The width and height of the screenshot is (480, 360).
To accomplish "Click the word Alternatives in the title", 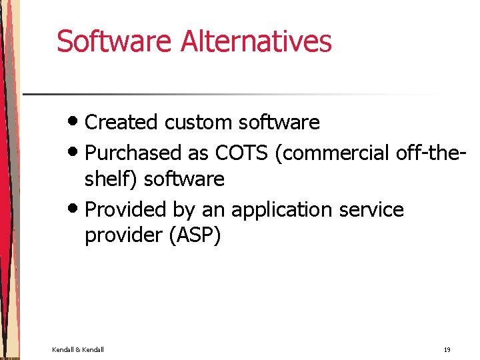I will [x=256, y=41].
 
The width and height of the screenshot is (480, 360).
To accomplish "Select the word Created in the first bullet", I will [x=122, y=123].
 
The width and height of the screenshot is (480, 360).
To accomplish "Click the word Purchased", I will [x=133, y=153].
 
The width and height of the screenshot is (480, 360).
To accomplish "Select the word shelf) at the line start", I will [x=111, y=179].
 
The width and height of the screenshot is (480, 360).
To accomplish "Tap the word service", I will [x=371, y=209].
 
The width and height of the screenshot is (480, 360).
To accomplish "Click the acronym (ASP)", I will [x=194, y=235].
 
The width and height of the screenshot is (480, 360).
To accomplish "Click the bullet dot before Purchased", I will [x=75, y=153].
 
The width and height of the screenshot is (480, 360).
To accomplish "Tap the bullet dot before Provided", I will [x=75, y=209].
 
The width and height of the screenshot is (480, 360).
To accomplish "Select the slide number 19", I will [x=447, y=349].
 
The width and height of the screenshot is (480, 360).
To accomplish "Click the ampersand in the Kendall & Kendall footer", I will [x=78, y=349].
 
